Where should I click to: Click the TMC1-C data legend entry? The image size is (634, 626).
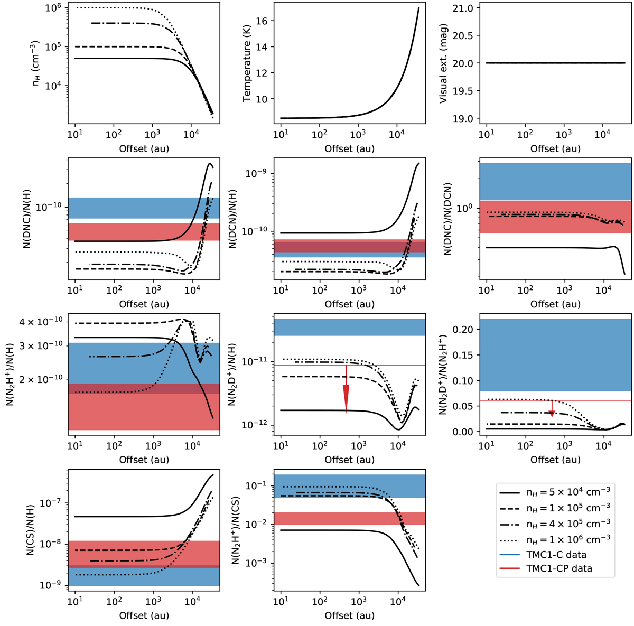click(561, 555)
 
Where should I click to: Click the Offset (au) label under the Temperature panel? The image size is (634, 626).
click(350, 148)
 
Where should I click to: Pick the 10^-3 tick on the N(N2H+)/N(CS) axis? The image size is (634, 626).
click(259, 563)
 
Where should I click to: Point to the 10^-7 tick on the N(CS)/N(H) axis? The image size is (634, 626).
click(53, 502)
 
